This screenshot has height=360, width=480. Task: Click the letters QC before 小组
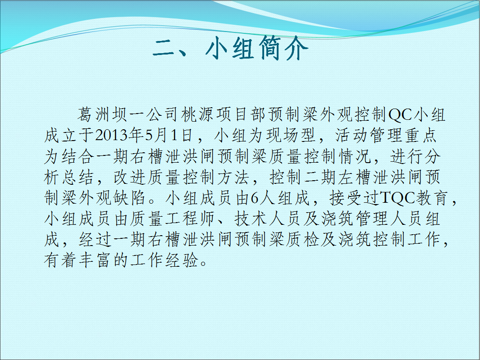click(x=400, y=115)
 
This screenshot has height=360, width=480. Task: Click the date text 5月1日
click(x=169, y=135)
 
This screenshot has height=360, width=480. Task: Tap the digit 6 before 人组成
click(x=255, y=198)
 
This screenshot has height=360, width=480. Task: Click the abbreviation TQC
click(x=398, y=198)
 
